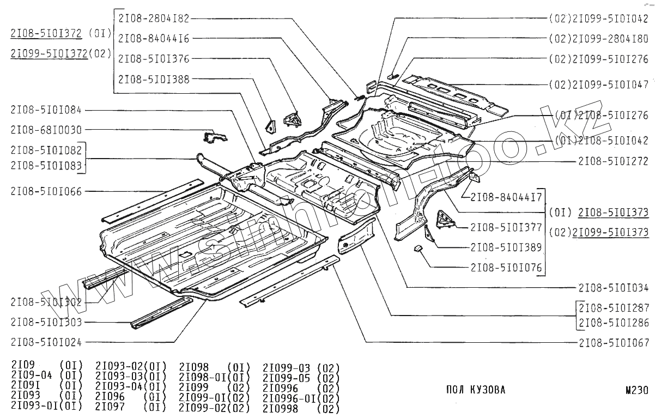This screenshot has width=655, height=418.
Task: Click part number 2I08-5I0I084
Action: coord(46,111)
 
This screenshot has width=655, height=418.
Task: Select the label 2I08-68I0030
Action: coord(46,130)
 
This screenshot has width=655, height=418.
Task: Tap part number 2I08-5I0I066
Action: coord(46,191)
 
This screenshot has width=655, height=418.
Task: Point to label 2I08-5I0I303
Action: coord(46,322)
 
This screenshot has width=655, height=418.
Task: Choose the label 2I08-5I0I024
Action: coord(46,342)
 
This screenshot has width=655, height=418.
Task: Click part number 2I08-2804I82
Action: coord(154,18)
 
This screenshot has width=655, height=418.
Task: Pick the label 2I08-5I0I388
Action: coord(154,79)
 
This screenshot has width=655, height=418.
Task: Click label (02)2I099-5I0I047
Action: coord(599,85)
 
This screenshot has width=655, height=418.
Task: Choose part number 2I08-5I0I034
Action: coord(614,287)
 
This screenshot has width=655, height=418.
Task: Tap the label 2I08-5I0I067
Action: coord(614,343)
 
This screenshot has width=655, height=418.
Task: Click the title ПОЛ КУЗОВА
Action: coord(475,390)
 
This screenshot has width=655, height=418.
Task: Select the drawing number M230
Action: coord(637,390)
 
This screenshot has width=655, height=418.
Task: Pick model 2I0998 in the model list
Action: coord(280,409)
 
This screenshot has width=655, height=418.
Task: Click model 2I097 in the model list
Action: coord(110,407)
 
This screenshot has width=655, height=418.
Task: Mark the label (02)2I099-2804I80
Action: coord(599,39)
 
